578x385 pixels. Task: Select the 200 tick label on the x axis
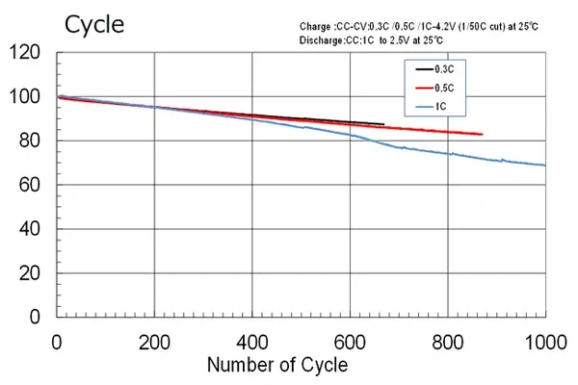pyautogui.click(x=155, y=341)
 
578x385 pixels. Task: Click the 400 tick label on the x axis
pyautogui.click(x=252, y=341)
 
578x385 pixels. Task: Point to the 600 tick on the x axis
pyautogui.click(x=350, y=341)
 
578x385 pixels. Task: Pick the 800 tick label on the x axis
pyautogui.click(x=447, y=341)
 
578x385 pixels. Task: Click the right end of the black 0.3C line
pyautogui.click(x=383, y=124)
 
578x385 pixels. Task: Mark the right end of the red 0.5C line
pyautogui.click(x=482, y=134)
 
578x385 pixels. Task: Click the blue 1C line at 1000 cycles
pyautogui.click(x=545, y=166)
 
